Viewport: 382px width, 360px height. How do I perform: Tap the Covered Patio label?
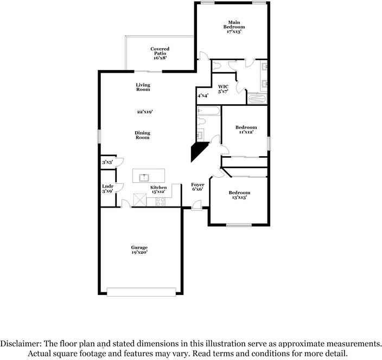[160, 53]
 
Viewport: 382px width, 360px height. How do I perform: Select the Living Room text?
[143, 87]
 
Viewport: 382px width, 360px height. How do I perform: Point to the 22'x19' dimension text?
[144, 112]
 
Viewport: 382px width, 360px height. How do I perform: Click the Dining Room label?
[142, 135]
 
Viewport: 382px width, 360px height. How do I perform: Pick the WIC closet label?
[224, 89]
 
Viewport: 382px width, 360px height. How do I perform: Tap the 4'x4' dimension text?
[203, 96]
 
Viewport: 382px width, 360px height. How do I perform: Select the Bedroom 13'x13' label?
[239, 195]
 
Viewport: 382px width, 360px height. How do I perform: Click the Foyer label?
[198, 187]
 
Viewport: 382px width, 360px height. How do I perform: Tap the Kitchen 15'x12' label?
[158, 190]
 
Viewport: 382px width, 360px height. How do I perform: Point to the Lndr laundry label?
[107, 189]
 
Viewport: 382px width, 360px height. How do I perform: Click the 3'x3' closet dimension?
[107, 162]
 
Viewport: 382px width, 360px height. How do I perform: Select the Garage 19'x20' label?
[139, 250]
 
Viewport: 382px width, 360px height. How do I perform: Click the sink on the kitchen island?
[144, 176]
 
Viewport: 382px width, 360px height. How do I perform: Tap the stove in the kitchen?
[161, 202]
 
